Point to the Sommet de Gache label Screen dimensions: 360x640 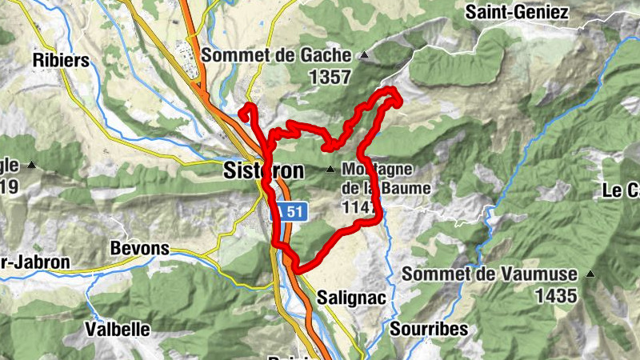[x=276, y=55]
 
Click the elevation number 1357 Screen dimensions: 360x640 [x=330, y=77]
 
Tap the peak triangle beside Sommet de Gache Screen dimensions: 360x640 [x=365, y=55]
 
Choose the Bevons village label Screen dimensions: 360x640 [x=140, y=248]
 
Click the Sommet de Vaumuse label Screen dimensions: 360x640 [x=489, y=274]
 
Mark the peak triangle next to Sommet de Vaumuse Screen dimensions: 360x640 [x=590, y=274]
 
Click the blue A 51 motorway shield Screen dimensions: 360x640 [x=290, y=211]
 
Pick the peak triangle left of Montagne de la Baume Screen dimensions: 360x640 [x=330, y=170]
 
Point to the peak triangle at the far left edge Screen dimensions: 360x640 [x=32, y=165]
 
